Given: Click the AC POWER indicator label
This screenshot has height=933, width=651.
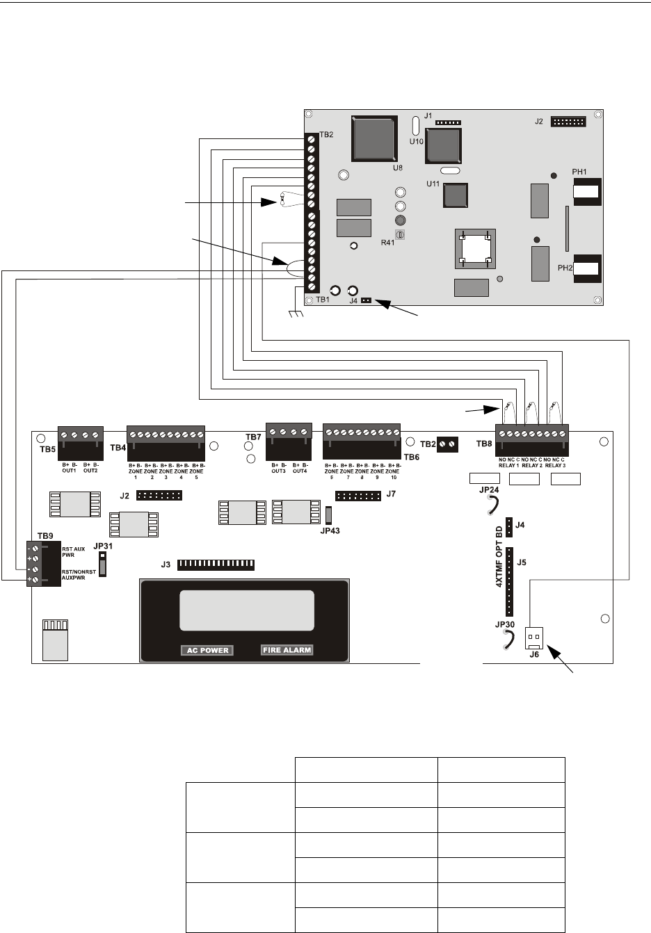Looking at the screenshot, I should pos(208,650).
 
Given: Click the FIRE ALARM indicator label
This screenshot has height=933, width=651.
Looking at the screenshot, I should pos(287,650).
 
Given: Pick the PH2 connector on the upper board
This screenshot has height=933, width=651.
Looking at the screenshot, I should pos(586,268).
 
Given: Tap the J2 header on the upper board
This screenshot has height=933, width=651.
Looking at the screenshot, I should pos(568,122).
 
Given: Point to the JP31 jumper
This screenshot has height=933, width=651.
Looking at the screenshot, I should pos(103,564).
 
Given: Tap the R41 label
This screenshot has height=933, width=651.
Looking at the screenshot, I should pos(388,243).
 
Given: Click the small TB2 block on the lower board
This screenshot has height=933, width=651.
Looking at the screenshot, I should pos(447,444).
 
